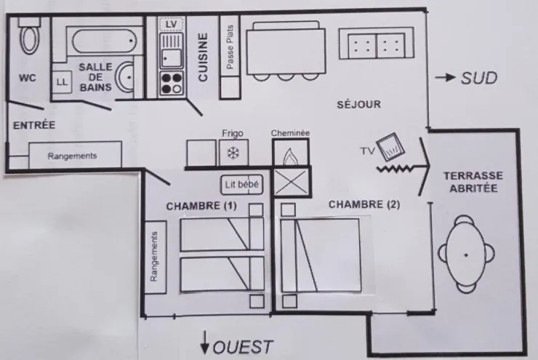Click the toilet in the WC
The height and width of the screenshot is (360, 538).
pos(30,36)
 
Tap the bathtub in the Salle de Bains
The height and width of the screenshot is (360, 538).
pos(104,41)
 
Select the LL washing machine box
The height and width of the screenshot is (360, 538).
pos(62,82)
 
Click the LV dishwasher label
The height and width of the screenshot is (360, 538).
pos(171,24)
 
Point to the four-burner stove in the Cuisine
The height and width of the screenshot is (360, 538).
pos(172,84)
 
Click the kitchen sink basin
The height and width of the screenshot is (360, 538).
pos(172,57)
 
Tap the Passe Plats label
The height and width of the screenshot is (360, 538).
pos(230,47)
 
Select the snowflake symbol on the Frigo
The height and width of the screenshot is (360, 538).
pos(233,153)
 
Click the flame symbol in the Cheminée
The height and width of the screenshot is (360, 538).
pos(290,156)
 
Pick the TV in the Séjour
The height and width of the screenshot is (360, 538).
pos(390,147)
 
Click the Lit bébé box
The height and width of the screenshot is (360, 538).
pos(242,185)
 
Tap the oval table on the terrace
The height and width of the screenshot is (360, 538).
pos(466,255)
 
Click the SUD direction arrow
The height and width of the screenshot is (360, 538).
pos(445,78)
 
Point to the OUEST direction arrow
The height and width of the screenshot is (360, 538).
pos(205,343)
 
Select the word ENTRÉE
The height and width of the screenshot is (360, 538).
pos(34,125)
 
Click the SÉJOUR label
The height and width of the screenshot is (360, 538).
pos(359,104)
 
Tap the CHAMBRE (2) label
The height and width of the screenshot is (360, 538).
pos(364,204)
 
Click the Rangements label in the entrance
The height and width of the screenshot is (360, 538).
pos(73,156)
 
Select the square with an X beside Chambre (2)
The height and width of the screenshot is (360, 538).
pos(291,182)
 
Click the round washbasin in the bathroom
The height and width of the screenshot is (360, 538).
pos(124,78)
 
